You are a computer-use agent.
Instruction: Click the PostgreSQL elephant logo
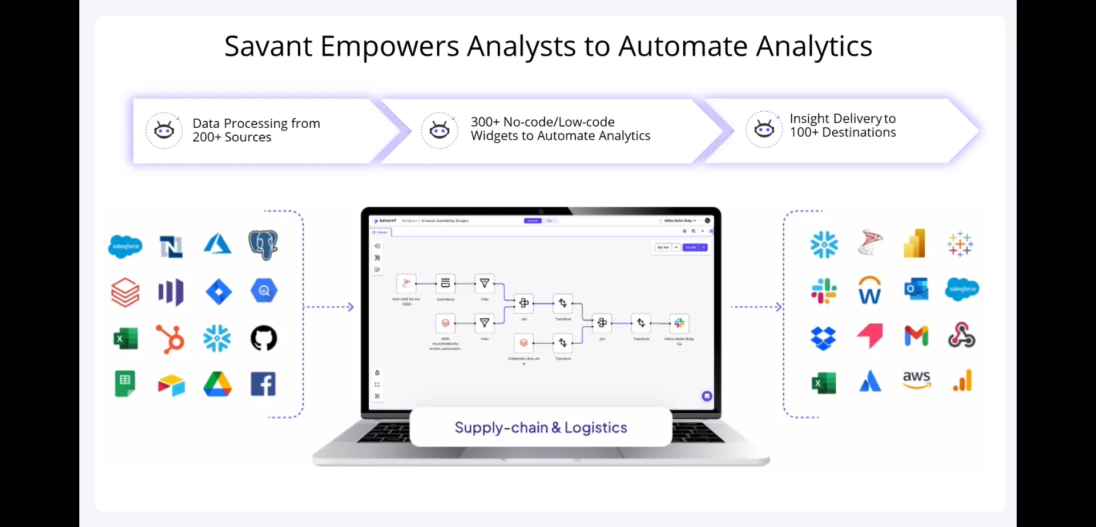pyautogui.click(x=263, y=245)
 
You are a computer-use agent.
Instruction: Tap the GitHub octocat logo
pyautogui.click(x=264, y=338)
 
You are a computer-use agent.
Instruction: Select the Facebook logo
pyautogui.click(x=263, y=384)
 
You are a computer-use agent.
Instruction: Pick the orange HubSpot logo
pyautogui.click(x=171, y=339)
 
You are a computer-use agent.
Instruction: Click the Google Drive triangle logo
pyautogui.click(x=217, y=384)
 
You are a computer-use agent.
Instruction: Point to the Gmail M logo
pyautogui.click(x=916, y=335)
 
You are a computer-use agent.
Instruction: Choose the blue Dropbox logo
pyautogui.click(x=823, y=337)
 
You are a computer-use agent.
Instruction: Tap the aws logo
pyautogui.click(x=916, y=380)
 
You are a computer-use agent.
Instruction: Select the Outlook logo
pyautogui.click(x=916, y=289)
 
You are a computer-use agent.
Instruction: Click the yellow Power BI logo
pyautogui.click(x=914, y=244)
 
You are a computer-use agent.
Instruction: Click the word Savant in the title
pyautogui.click(x=268, y=47)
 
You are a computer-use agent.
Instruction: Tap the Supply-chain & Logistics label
pyautogui.click(x=541, y=427)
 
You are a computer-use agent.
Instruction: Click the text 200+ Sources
pyautogui.click(x=232, y=137)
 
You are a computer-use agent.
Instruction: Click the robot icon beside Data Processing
pyautogui.click(x=164, y=131)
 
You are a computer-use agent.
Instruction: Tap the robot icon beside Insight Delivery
pyautogui.click(x=764, y=129)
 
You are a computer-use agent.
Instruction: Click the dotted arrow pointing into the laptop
pyautogui.click(x=330, y=307)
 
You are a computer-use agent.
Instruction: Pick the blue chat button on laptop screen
pyautogui.click(x=707, y=396)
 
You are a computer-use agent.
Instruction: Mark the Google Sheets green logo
pyautogui.click(x=125, y=383)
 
